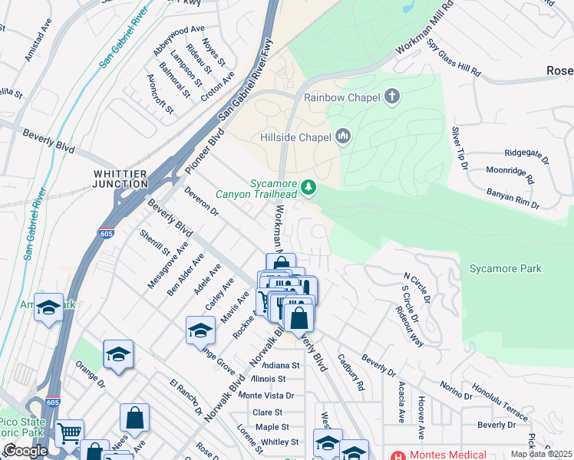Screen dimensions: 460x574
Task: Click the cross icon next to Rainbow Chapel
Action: (x=392, y=97)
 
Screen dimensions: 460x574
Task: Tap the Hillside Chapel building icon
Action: (x=343, y=137)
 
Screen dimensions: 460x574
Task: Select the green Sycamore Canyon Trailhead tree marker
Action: (x=308, y=187)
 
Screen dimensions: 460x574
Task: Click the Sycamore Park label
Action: (x=506, y=268)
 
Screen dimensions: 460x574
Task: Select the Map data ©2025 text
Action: (x=540, y=454)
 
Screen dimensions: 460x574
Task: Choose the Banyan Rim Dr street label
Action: (x=513, y=199)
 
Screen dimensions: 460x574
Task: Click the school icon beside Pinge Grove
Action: (x=200, y=330)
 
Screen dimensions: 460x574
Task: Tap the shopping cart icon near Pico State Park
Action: (x=70, y=434)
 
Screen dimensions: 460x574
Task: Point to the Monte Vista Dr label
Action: (x=266, y=396)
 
